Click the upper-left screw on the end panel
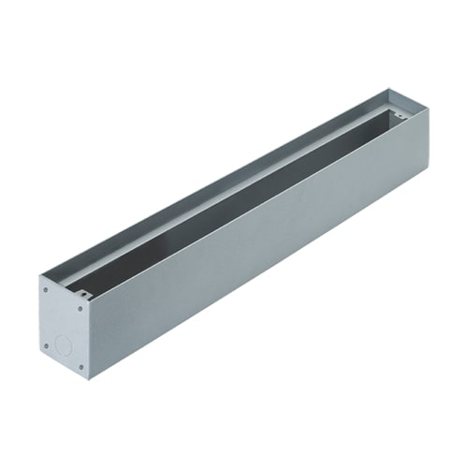(46, 289)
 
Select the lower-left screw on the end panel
(46, 345)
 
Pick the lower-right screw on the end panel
(81, 366)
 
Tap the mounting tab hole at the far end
(400, 117)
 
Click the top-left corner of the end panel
(39, 276)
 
